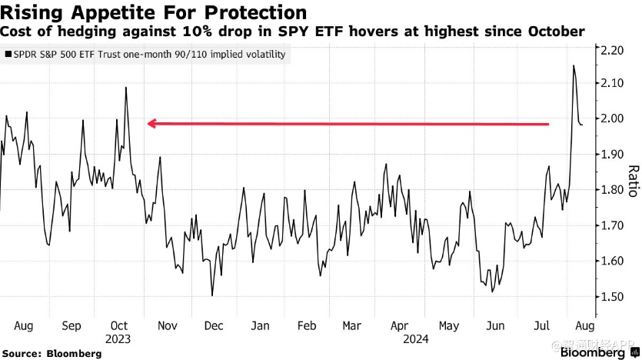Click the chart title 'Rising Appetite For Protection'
click(154, 13)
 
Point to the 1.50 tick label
click(612, 297)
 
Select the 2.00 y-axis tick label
click(612, 119)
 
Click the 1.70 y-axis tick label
click(612, 226)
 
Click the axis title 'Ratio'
click(633, 182)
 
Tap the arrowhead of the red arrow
click(151, 123)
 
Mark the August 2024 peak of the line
click(574, 66)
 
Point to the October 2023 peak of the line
click(126, 88)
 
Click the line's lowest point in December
click(211, 295)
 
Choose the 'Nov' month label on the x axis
click(168, 325)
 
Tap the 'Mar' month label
click(352, 325)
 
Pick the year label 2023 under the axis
click(119, 338)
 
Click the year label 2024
click(401, 338)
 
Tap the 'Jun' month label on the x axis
click(495, 325)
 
